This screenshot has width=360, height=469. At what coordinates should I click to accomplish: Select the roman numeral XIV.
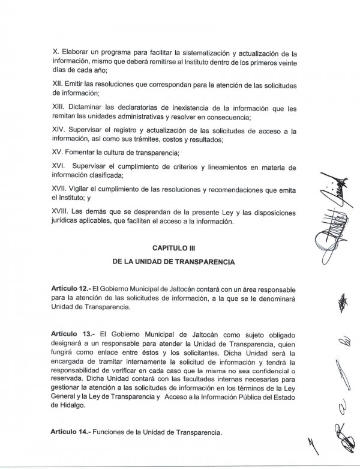click(x=59, y=130)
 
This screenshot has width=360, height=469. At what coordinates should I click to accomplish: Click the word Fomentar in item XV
click(x=85, y=152)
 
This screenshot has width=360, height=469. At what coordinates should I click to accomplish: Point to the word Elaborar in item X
click(x=74, y=52)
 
